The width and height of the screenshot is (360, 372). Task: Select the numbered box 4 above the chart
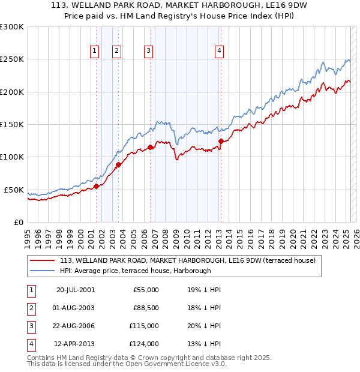220,51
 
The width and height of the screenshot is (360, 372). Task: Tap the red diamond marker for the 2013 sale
221,142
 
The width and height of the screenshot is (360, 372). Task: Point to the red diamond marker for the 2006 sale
151,147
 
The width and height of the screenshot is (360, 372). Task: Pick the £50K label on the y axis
14,190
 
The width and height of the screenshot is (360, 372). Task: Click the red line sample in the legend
43,261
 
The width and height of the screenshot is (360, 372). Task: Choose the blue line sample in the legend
43,271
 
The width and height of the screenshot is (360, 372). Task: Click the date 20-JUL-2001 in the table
75,290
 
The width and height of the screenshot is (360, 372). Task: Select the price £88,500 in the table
146,308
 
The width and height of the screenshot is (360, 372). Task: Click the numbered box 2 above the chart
116,51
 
